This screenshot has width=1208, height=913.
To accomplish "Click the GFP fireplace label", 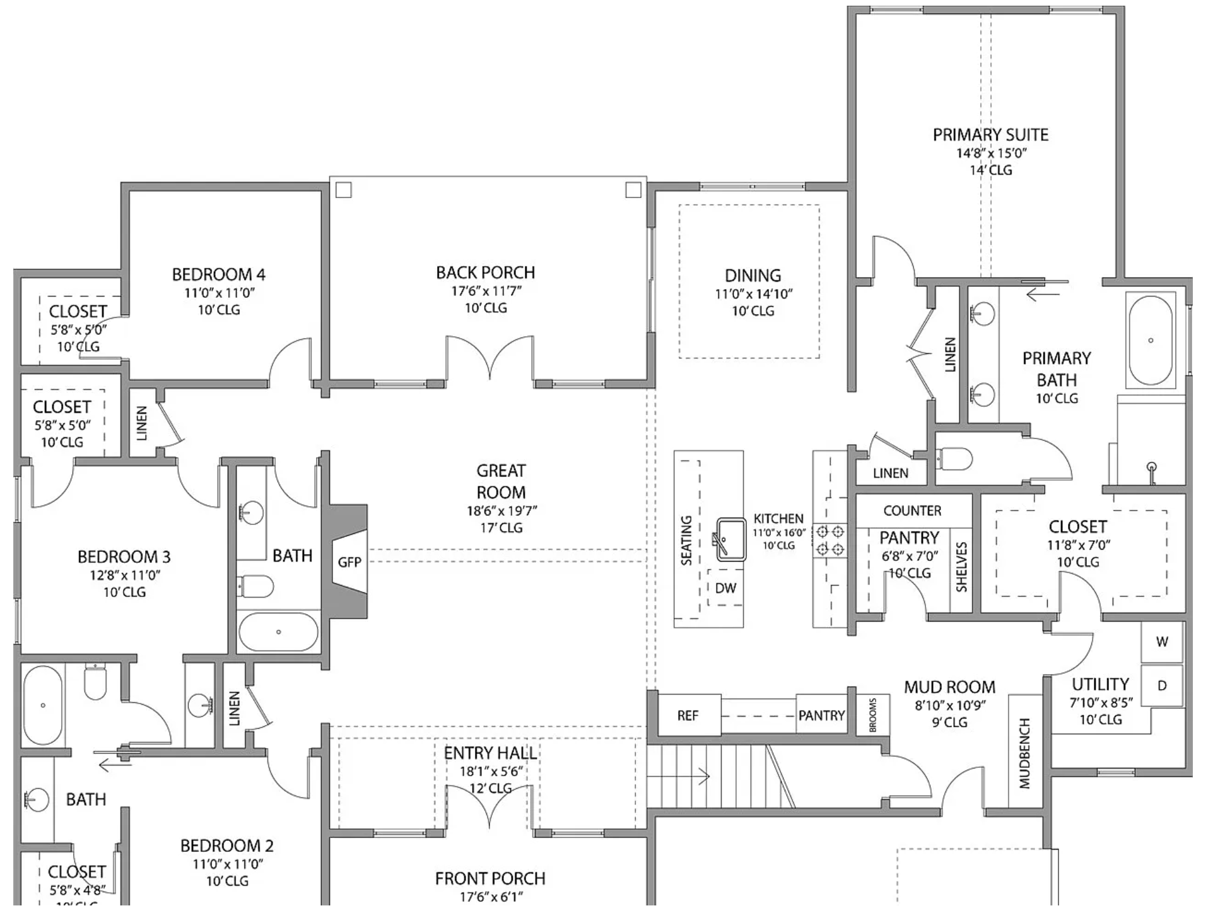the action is pyautogui.click(x=349, y=562).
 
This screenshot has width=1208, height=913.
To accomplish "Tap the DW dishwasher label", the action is pyautogui.click(x=725, y=588).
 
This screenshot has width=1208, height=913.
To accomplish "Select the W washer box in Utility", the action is pyautogui.click(x=1162, y=642).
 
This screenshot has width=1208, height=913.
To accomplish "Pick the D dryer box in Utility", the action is pyautogui.click(x=1162, y=686).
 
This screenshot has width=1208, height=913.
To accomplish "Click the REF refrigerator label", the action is pyautogui.click(x=688, y=716).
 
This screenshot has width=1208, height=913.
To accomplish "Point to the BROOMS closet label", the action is pyautogui.click(x=873, y=715).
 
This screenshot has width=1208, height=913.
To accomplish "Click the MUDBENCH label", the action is pyautogui.click(x=1024, y=753).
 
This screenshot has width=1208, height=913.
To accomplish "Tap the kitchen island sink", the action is pyautogui.click(x=731, y=540).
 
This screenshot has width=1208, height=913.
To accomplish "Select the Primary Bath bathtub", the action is pyautogui.click(x=1151, y=340).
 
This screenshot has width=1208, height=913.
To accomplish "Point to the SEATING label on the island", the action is pyautogui.click(x=686, y=540).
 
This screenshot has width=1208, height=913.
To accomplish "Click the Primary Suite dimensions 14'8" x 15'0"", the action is pyautogui.click(x=992, y=153).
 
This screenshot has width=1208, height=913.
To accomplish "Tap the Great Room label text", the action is pyautogui.click(x=501, y=481).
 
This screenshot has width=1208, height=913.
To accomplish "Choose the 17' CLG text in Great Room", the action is pyautogui.click(x=501, y=527).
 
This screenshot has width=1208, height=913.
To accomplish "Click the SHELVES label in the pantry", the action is pyautogui.click(x=961, y=567).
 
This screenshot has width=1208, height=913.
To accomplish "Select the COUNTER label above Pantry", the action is pyautogui.click(x=912, y=510).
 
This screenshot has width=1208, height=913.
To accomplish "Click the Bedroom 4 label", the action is pyautogui.click(x=219, y=274).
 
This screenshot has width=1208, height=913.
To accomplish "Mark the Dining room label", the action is pyautogui.click(x=753, y=275).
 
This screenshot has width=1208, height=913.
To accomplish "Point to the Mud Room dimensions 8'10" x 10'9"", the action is pyautogui.click(x=950, y=705).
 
